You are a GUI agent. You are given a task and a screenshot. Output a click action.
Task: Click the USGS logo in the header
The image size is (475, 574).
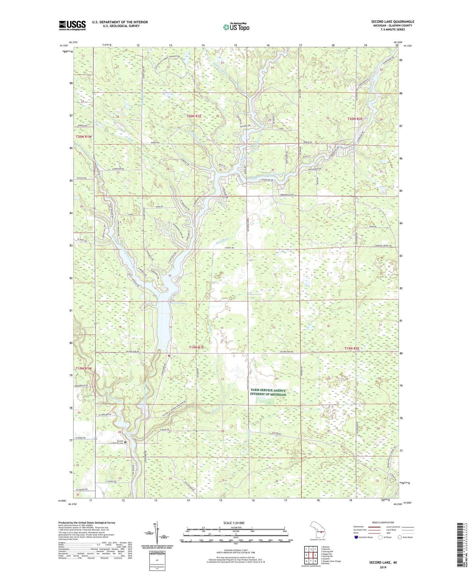coord(72,25)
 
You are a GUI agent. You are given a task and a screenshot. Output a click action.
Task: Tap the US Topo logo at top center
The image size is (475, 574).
coord(236,27)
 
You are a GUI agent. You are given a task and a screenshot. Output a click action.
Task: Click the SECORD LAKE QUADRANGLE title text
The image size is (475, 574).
coord(392,22)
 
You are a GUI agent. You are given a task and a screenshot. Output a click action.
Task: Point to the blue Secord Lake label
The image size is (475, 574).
coord(178,303)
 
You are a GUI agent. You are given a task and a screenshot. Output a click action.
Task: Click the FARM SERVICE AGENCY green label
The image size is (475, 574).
coord(268,391)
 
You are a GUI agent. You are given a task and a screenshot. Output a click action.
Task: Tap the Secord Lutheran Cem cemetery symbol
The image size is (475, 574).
coord(125,442)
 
